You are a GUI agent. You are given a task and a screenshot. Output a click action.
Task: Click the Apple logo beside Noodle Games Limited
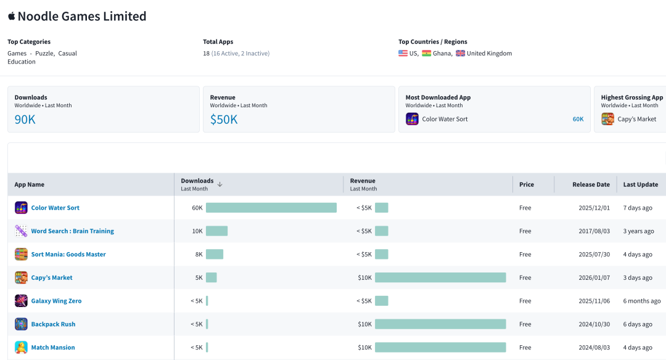click(x=12, y=16)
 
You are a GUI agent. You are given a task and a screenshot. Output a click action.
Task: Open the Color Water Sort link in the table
click(x=55, y=208)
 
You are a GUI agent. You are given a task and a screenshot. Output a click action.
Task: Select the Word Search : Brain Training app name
click(x=73, y=231)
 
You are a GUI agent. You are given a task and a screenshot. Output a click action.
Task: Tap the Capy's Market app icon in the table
click(x=21, y=277)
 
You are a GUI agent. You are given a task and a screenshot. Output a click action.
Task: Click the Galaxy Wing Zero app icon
click(x=21, y=301)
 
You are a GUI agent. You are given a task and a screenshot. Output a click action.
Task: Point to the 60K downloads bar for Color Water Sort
click(x=271, y=208)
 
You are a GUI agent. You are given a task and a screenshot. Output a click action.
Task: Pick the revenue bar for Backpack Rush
click(x=440, y=324)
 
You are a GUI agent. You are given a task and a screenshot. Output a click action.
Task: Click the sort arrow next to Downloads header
click(x=220, y=184)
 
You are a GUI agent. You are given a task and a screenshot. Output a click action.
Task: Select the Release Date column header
click(x=591, y=185)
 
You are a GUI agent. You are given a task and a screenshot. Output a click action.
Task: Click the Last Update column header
click(x=641, y=185)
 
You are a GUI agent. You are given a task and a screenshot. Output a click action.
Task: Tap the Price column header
click(x=527, y=185)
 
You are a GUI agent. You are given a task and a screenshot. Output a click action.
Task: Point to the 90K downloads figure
click(x=25, y=120)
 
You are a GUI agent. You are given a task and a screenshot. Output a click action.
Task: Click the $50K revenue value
click(x=224, y=120)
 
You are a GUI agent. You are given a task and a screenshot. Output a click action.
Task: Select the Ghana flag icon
click(x=427, y=54)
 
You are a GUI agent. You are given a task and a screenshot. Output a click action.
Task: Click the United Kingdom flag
click(x=461, y=54)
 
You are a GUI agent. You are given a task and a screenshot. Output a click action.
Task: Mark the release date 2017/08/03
click(x=594, y=231)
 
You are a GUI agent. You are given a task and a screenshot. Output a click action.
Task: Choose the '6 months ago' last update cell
click(x=642, y=301)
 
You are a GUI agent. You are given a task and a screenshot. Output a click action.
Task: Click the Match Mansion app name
click(x=53, y=347)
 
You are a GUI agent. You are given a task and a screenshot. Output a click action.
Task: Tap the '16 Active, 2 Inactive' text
click(x=240, y=54)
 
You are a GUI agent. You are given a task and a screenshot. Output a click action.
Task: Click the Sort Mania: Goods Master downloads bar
click(x=215, y=255)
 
